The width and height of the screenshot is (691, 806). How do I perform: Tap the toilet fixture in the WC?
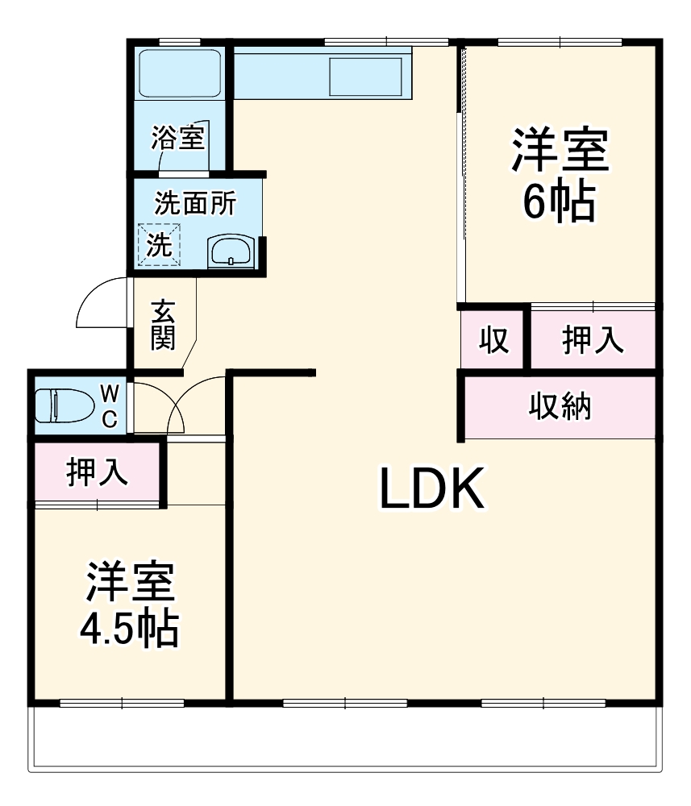64,405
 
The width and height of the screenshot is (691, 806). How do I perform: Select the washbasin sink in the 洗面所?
232,252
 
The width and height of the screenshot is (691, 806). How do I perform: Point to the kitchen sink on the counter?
365,74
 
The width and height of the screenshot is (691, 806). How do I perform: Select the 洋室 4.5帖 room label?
129,604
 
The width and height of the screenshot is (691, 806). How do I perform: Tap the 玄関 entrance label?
163,324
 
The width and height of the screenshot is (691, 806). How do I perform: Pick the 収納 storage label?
560,407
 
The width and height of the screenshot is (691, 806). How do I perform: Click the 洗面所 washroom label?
195,203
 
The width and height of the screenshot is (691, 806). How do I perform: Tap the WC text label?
110,405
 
